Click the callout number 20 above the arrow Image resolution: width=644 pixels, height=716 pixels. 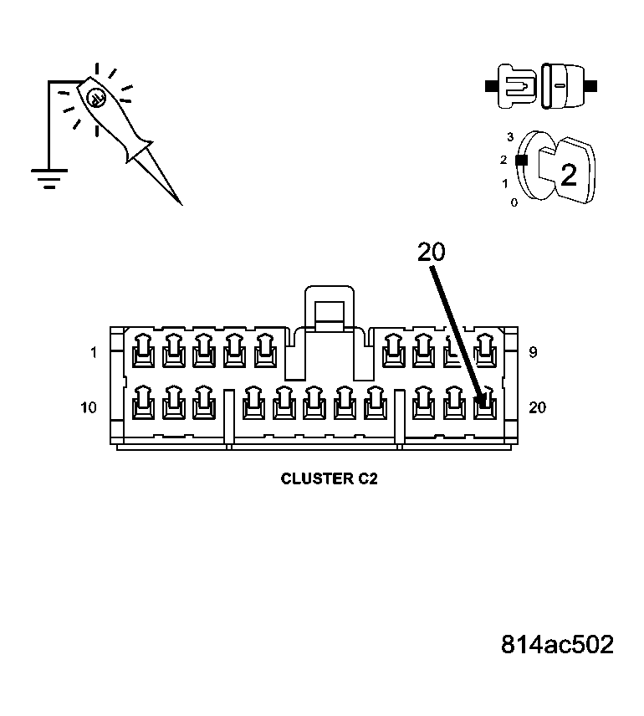(432, 252)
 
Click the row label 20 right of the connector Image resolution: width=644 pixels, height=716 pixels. (538, 407)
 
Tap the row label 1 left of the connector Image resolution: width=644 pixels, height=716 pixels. (94, 353)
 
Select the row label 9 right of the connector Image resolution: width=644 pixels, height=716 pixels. (533, 353)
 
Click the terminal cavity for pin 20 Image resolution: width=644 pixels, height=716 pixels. (483, 406)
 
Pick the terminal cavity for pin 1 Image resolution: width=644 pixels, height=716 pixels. (143, 351)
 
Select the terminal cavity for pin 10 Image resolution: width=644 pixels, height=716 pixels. (143, 406)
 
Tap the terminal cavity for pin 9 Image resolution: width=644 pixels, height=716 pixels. (483, 351)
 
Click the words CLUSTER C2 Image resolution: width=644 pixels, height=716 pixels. (329, 479)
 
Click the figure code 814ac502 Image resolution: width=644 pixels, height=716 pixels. (557, 644)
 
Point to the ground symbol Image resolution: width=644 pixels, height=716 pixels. (49, 177)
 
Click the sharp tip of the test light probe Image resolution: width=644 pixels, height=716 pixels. (180, 203)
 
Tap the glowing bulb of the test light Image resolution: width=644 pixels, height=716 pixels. (95, 96)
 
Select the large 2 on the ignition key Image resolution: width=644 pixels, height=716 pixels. (568, 176)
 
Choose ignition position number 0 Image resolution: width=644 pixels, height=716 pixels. (514, 202)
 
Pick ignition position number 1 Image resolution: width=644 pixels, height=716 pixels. (504, 182)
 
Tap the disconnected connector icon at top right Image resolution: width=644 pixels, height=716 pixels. (540, 86)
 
